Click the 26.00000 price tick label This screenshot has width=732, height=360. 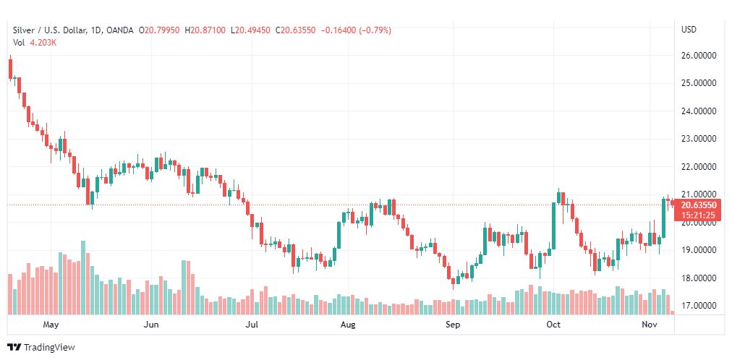[699, 55]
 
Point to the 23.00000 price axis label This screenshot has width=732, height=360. [699, 139]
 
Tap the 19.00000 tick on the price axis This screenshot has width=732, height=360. [699, 250]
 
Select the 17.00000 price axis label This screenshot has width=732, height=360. [699, 307]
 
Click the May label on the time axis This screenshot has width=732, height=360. [51, 325]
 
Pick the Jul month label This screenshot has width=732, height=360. [252, 325]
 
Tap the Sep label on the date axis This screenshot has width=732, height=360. [453, 325]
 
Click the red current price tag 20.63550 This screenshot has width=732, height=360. [698, 205]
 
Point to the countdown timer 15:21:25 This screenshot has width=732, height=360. [698, 215]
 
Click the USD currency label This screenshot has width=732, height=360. [689, 30]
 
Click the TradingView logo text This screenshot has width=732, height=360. [49, 348]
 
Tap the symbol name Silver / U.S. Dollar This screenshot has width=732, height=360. [49, 30]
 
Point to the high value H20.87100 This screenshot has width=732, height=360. [208, 30]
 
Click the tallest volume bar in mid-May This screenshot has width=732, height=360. [83, 278]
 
